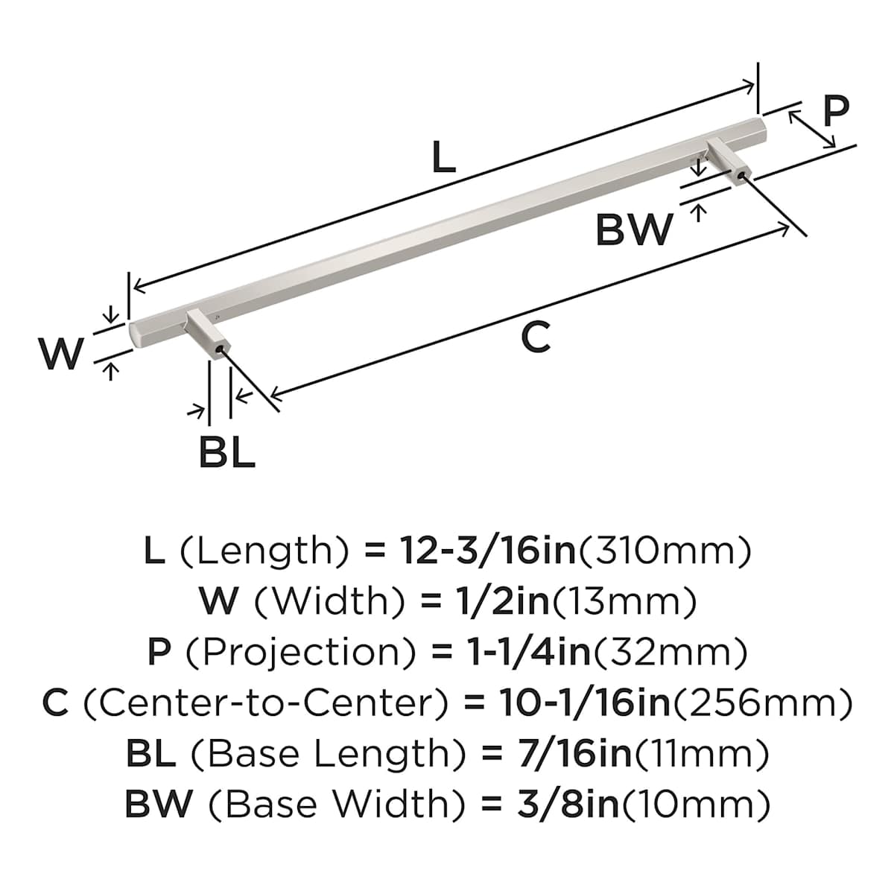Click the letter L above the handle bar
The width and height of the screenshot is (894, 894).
(x=444, y=158)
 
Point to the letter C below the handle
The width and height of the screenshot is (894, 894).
(x=535, y=337)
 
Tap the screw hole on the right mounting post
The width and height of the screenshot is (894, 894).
(x=739, y=177)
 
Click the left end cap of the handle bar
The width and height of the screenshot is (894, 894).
(x=137, y=335)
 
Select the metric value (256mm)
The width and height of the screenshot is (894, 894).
(x=761, y=703)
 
